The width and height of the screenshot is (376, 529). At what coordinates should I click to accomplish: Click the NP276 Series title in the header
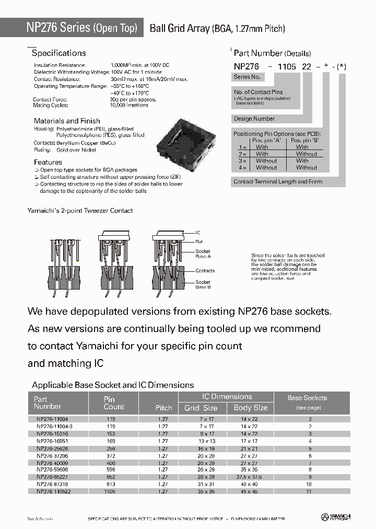81,28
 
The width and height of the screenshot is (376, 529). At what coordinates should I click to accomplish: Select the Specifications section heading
58,53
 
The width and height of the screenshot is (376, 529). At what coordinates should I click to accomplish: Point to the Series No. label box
248,77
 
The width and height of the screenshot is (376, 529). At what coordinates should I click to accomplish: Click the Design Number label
254,119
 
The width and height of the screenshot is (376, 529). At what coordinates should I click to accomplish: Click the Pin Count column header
114,402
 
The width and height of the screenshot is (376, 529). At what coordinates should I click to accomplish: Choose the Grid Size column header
201,408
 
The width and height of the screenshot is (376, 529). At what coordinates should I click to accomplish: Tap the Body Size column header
250,408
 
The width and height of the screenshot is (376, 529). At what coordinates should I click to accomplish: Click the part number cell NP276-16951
52,441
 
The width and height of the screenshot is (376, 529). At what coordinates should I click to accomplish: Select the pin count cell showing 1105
110,491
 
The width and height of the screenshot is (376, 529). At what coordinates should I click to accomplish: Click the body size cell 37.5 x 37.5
250,477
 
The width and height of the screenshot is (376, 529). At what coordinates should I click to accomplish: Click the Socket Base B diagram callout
203,284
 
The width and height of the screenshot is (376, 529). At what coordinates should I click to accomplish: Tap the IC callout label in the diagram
198,232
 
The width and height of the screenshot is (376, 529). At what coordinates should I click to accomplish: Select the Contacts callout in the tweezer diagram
205,271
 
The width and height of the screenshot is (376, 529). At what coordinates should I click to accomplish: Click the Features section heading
48,162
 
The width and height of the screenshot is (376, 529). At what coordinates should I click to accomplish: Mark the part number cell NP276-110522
52,491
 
